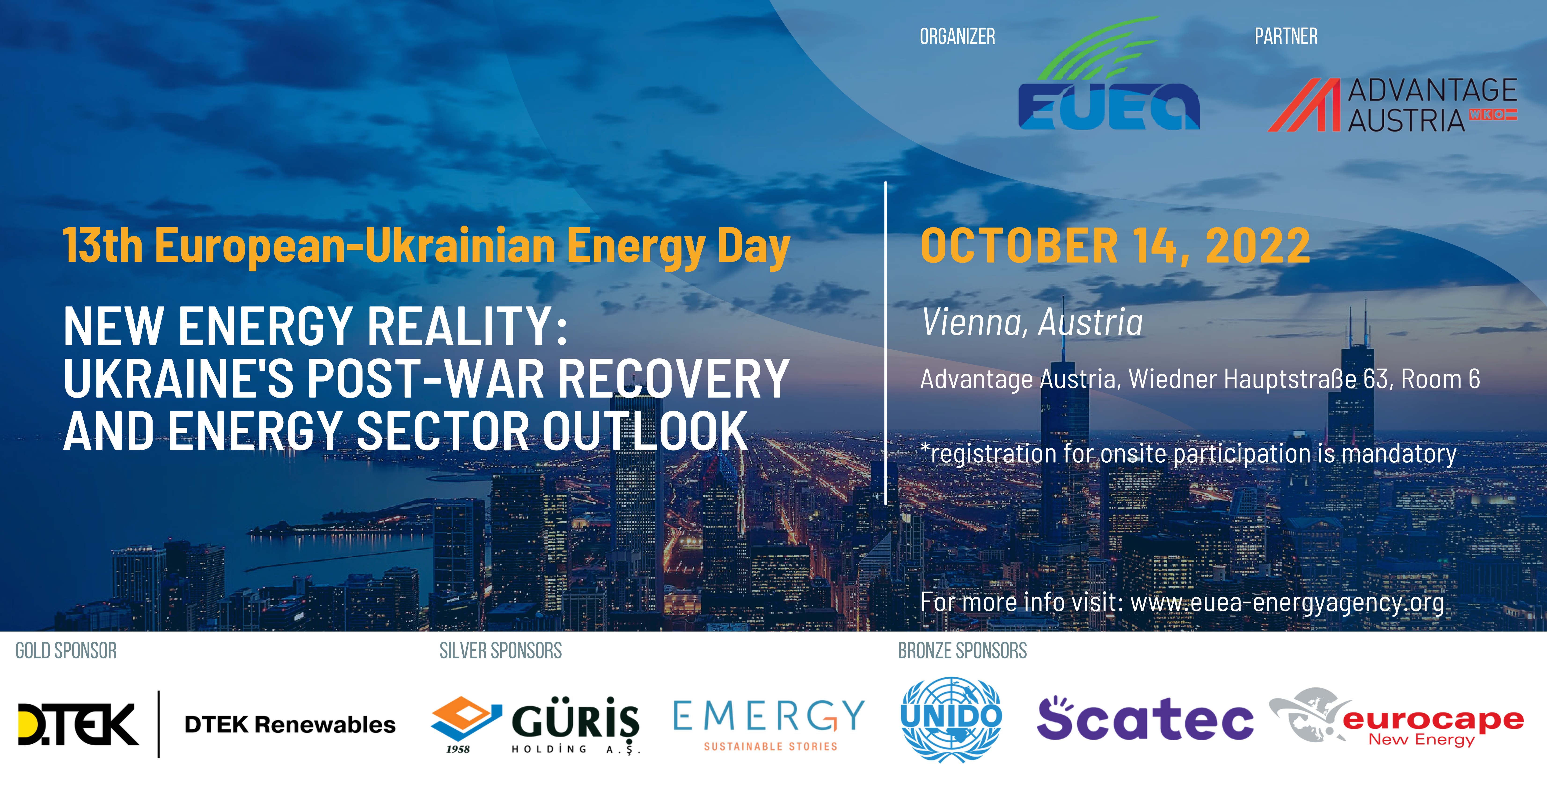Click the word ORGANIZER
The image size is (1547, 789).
[x=957, y=37]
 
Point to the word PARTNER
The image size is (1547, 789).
[x=1286, y=37]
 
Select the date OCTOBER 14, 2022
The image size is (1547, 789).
[x=1115, y=246]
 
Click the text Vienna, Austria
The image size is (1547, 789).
[x=1032, y=322]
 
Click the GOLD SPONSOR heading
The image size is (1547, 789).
[x=66, y=651]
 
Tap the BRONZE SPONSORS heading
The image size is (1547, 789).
[x=962, y=651]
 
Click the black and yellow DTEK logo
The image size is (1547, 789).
[x=78, y=724]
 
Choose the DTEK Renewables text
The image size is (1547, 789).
[x=290, y=725]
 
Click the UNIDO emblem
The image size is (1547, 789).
[x=951, y=719]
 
